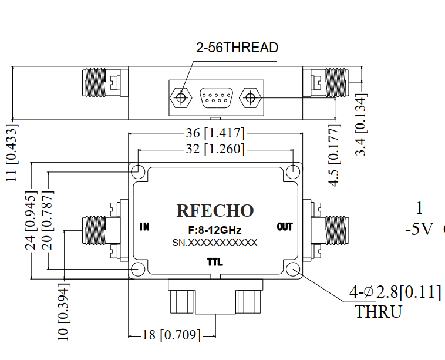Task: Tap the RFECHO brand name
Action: coord(215,211)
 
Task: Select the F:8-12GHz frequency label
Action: coord(215,230)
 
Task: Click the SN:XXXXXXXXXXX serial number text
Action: coord(215,243)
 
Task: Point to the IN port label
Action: coord(145,227)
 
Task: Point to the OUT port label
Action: coord(285,227)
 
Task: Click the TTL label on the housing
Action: coord(215,262)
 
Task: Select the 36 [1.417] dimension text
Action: coord(215,133)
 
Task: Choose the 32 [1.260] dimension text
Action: coord(215,149)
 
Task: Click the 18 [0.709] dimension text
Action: coord(172,336)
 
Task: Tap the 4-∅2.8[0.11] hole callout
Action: coord(395,292)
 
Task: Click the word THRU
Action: coord(378,311)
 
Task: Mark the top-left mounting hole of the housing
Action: coord(138,171)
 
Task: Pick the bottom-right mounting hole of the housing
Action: coord(293,270)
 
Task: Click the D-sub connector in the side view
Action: coord(215,97)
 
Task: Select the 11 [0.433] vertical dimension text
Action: coord(12,153)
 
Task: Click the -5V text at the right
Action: coord(419,229)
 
